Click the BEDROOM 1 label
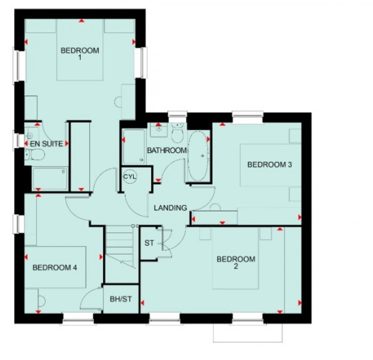80,53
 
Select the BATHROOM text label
167,150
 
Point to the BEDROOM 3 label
270,165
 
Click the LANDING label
170,208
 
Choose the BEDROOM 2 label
236,263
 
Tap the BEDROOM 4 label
55,267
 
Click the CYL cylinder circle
129,176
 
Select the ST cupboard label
149,243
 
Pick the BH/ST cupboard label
121,299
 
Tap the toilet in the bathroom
178,134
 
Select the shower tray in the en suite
50,179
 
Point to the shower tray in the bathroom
133,146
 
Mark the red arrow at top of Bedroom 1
81,21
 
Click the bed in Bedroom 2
236,258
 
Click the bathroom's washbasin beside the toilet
158,128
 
